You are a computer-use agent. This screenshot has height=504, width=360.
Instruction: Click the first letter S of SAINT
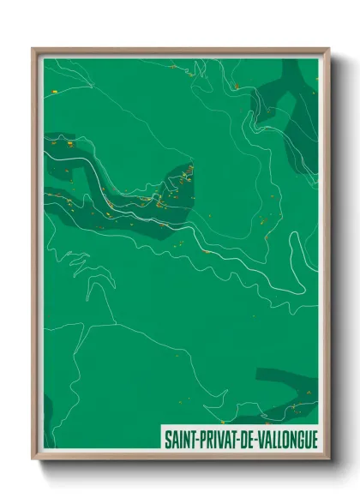(x=167, y=438)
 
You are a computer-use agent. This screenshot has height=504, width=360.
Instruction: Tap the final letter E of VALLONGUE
(x=312, y=438)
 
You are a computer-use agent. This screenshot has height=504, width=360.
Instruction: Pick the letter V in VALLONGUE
(x=259, y=438)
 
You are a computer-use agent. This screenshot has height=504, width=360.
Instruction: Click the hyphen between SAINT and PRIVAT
(x=195, y=439)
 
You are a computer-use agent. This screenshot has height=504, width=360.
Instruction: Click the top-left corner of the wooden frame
(x=33, y=49)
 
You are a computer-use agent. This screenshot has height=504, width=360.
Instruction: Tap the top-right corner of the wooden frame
(x=328, y=49)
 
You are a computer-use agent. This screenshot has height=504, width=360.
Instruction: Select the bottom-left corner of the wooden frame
(x=33, y=459)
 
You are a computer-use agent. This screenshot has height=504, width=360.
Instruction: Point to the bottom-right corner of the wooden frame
(x=328, y=459)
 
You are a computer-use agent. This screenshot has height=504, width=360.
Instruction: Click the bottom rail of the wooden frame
(x=180, y=457)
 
